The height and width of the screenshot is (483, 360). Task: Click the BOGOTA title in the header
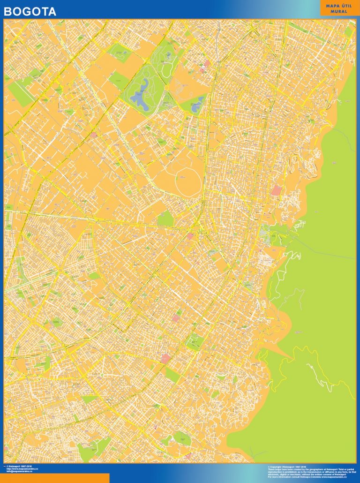click(30, 12)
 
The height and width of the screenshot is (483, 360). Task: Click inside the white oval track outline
click(188, 180)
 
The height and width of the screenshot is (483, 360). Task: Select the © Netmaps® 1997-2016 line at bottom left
click(22, 466)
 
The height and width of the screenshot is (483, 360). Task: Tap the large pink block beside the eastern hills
click(276, 191)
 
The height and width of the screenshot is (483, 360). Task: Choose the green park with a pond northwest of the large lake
click(120, 53)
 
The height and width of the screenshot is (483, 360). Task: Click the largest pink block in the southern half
click(165, 359)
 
